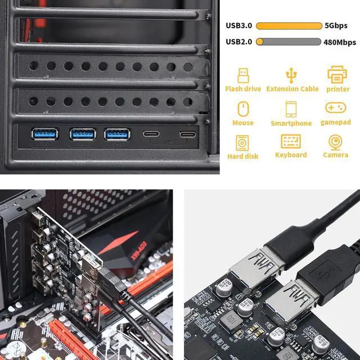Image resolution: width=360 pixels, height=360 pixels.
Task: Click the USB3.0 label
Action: coord(238,26)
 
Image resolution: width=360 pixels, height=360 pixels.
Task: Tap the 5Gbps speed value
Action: coord(336,26)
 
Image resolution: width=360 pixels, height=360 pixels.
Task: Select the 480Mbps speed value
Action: coord(340,42)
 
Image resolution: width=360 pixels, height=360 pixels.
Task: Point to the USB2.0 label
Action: coord(238,42)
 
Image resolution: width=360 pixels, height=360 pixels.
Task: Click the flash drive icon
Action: coord(243,75)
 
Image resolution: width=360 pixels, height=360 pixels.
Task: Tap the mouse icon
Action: coord(243,109)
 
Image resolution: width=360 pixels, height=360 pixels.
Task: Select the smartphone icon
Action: coord(291,109)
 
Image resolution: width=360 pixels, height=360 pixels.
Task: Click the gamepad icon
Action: coord(336,107)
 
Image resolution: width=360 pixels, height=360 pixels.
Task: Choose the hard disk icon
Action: coord(243,142)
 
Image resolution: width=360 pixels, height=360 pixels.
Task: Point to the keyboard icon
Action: coord(291,141)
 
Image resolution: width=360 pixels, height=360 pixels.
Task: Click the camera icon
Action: coord(336,141)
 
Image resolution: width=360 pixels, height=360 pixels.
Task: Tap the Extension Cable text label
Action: coord(292,89)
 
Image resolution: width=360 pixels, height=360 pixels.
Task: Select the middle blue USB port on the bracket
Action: coord(83,134)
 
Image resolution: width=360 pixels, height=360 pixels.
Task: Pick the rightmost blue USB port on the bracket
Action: coord(117,134)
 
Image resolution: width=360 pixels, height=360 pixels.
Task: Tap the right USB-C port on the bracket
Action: coord(187,134)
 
